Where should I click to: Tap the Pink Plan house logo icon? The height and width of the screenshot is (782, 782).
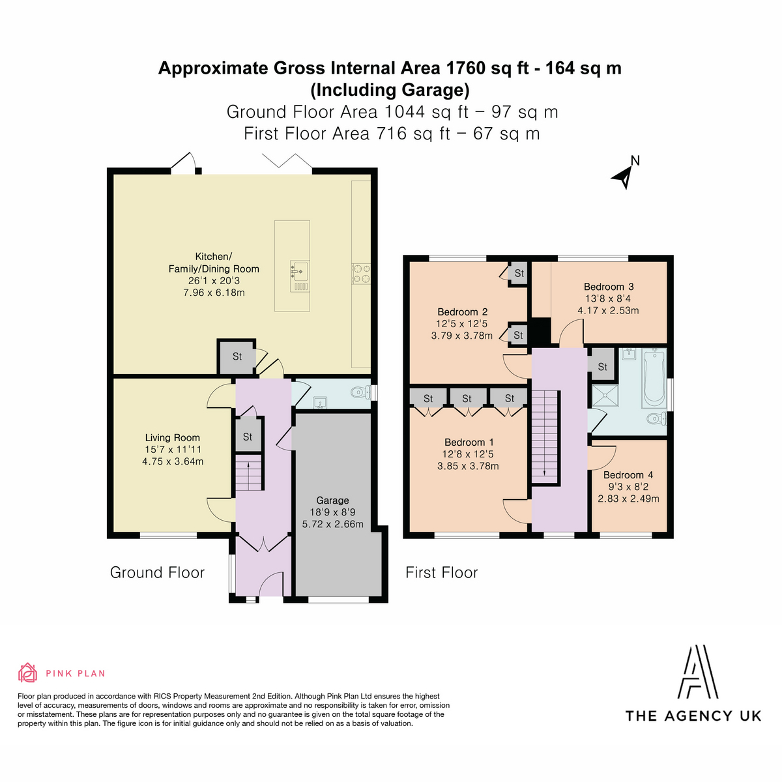point(27,673)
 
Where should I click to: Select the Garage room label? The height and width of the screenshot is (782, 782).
point(332,500)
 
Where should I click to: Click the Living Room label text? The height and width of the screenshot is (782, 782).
point(173,437)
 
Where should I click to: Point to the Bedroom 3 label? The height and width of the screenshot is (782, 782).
point(608,287)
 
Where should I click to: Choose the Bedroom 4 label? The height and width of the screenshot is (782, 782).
point(628,475)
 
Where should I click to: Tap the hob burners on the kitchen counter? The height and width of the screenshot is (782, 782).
point(361,274)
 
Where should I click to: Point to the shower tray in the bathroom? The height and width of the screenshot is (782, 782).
point(605,396)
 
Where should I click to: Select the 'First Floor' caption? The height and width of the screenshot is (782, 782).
point(442,573)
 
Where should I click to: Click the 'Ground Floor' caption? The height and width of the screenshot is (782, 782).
point(157,573)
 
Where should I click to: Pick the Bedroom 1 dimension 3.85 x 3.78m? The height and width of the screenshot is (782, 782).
point(468,467)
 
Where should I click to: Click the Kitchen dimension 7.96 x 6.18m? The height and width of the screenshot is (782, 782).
point(214,293)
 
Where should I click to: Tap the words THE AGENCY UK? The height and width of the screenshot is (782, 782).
point(693,716)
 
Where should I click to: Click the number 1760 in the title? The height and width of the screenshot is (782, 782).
point(465,68)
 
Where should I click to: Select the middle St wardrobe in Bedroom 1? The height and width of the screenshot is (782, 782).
point(467,399)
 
